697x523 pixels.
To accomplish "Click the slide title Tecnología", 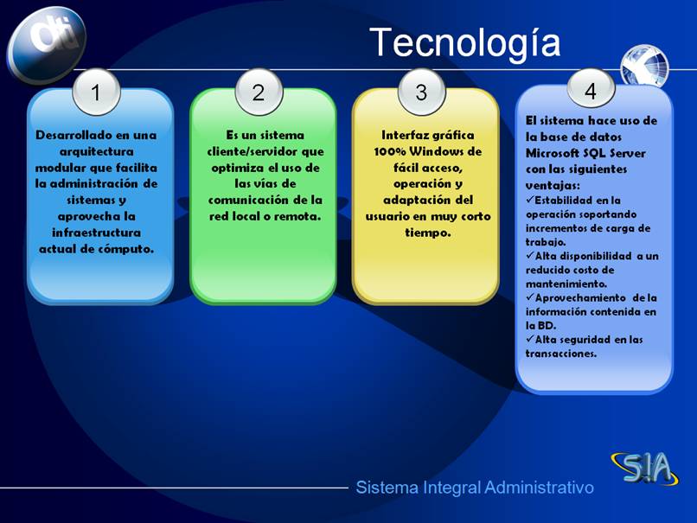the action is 465,43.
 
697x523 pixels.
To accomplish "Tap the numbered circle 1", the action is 96,92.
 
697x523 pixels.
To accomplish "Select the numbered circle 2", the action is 259,92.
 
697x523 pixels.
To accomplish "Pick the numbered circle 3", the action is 421,92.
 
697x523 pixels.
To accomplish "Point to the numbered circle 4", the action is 591,90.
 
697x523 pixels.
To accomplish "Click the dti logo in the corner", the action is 46,44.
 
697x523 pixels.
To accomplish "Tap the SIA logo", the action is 645,469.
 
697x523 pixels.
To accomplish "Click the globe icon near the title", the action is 644,66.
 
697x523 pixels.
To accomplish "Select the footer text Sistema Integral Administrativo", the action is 475,488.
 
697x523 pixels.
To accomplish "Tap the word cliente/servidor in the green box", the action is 253,151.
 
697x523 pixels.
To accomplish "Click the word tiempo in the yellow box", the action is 427,233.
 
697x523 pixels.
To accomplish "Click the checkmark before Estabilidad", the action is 529,200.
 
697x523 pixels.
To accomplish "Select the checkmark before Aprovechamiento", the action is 529,297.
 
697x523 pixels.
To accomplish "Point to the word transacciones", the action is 561,354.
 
